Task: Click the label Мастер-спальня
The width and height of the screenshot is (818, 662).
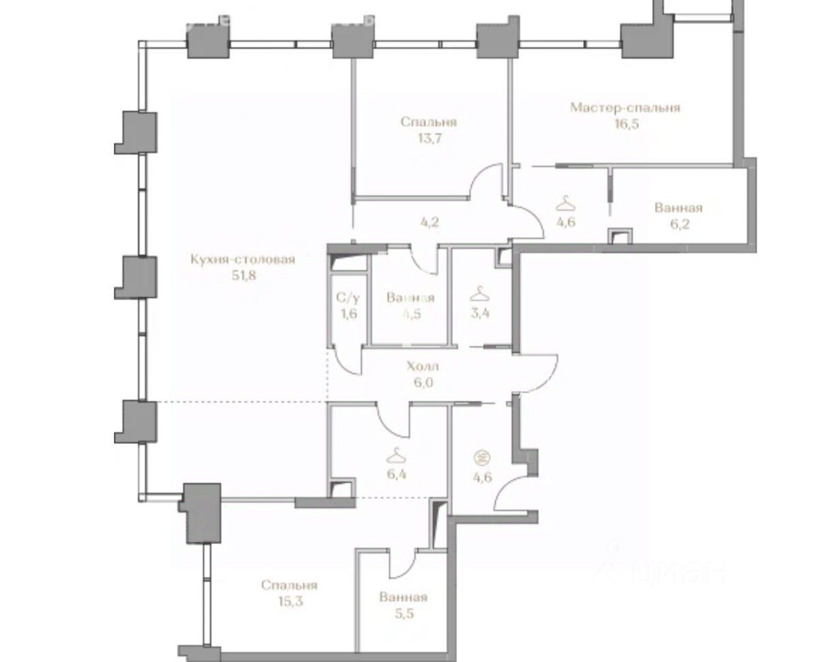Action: [x=625, y=108]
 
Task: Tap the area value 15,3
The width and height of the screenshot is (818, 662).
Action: [x=288, y=602]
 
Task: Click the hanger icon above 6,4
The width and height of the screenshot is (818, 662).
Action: [x=394, y=453]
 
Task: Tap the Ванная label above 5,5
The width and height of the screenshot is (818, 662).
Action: [x=404, y=597]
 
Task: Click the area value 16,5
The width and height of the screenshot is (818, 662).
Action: [x=624, y=125]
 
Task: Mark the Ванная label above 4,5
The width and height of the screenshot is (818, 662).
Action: [x=410, y=298]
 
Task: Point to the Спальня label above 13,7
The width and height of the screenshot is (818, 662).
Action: [x=428, y=122]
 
